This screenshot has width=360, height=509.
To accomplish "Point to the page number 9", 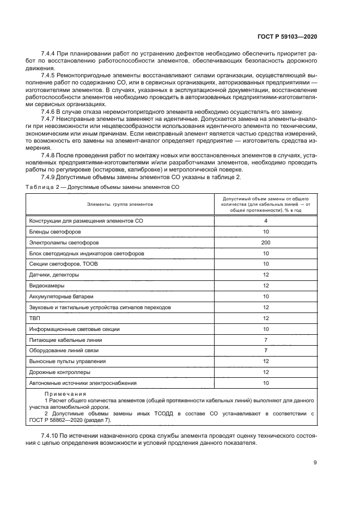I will click(315, 463).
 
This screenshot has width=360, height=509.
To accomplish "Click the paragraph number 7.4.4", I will click(50, 54).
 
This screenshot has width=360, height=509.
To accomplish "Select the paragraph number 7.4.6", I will click(50, 111).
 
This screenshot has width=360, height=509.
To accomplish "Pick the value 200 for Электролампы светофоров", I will click(266, 243).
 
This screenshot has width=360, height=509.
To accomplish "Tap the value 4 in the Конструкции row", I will click(266, 221).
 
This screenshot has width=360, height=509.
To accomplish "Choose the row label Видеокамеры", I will click(46, 286).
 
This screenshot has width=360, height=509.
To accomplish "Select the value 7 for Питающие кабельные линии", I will click(266, 340).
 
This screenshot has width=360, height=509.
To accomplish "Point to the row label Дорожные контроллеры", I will click(59, 372).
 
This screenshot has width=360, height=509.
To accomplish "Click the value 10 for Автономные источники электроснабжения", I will click(266, 383).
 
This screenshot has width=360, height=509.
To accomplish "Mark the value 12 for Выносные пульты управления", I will click(266, 361).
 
